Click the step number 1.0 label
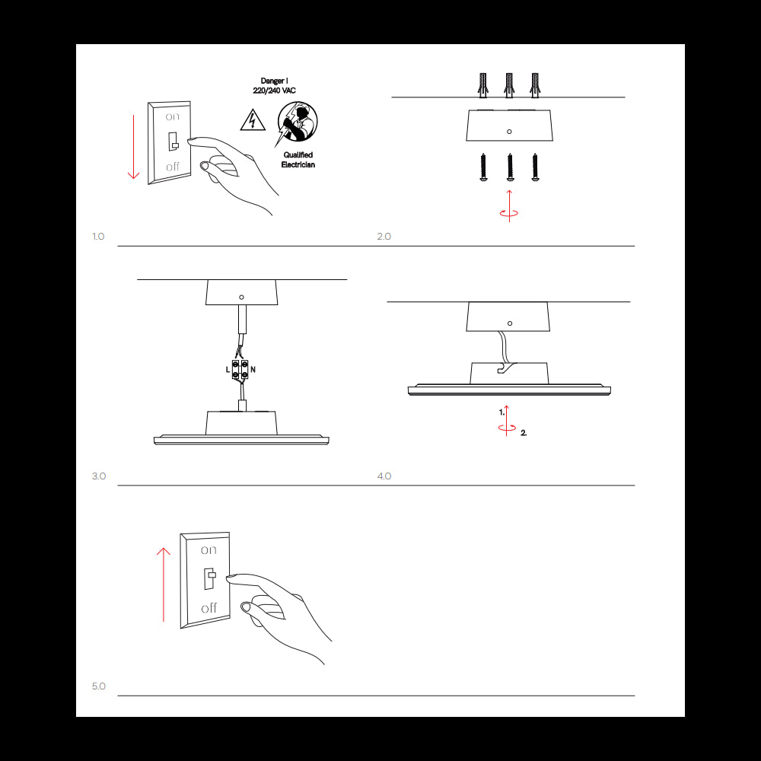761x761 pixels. tap(98, 237)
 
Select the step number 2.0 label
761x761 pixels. tap(384, 237)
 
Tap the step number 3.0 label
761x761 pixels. tap(99, 476)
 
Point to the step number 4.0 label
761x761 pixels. tap(384, 476)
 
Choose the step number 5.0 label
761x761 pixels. tap(99, 686)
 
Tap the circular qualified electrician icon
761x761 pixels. tap(297, 123)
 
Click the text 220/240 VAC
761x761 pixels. tap(274, 91)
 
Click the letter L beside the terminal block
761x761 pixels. tap(228, 369)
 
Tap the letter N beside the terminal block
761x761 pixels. tap(253, 369)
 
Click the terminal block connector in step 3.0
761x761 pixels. tap(240, 370)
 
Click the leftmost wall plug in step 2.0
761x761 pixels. tap(482, 84)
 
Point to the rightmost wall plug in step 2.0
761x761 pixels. tap(535, 84)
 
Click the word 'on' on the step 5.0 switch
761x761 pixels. tap(209, 549)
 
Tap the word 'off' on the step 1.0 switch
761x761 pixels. tap(173, 166)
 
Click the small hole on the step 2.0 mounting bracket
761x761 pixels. tap(509, 132)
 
